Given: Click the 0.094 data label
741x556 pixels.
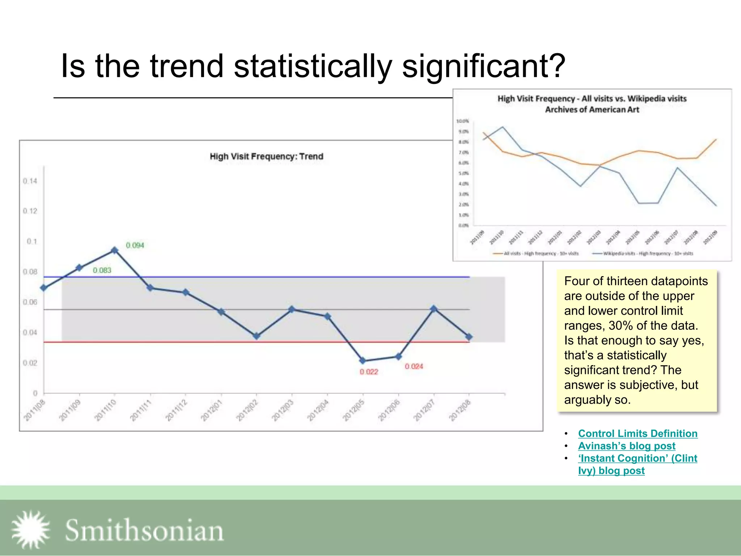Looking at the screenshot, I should coord(135,245).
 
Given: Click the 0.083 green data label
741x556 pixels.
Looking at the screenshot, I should coord(102,270).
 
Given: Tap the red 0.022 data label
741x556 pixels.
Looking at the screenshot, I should coord(369,372).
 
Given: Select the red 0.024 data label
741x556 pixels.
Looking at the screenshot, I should coord(414,366).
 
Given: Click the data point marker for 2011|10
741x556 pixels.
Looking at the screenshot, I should coord(115,250).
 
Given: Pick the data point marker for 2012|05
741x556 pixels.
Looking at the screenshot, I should coord(363,361).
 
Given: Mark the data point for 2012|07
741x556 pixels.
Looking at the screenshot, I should coord(434,309).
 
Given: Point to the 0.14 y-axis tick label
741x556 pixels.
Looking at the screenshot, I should coord(30,181).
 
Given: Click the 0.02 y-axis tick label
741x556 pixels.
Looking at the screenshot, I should coord(30,363).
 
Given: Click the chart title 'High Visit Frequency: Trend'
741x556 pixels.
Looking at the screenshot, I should coord(266,156).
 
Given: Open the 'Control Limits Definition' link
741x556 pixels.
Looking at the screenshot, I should coord(638,433).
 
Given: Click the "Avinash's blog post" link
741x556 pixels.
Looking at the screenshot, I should coord(626,446).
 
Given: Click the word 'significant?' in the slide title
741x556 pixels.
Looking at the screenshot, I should coord(483,66).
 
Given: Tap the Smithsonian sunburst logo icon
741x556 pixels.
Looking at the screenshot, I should coord(31,530).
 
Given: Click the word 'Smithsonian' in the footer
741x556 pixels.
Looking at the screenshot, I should coord(144,530).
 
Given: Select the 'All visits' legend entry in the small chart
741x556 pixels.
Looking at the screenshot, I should coord(536,253).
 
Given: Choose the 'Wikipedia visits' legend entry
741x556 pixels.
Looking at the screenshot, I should coord(643,253).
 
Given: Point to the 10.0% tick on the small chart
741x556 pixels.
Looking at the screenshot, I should coord(462,121).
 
